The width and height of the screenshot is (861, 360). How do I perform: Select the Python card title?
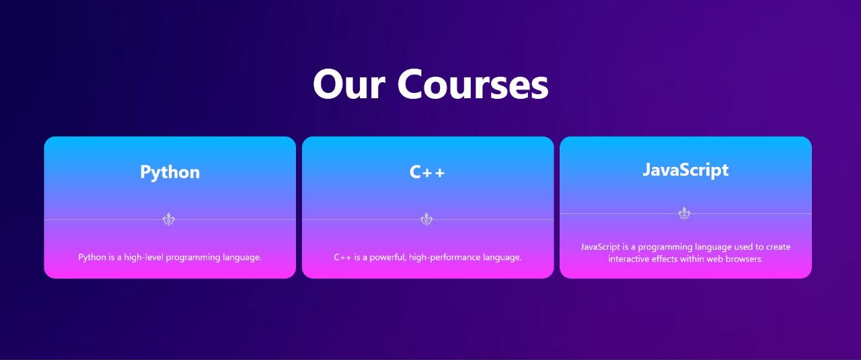click(170, 172)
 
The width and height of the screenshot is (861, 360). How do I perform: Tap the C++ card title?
click(427, 172)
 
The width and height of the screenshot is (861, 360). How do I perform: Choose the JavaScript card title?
click(685, 170)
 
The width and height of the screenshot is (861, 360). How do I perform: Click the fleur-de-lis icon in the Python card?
click(169, 219)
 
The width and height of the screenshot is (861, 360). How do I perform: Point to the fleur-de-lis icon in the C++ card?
click(426, 219)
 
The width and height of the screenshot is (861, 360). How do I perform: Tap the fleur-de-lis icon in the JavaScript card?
click(684, 213)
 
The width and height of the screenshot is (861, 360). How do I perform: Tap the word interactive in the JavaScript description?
click(629, 259)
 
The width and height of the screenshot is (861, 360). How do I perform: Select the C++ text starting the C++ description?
click(343, 257)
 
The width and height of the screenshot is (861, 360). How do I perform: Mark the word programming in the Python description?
click(193, 257)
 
